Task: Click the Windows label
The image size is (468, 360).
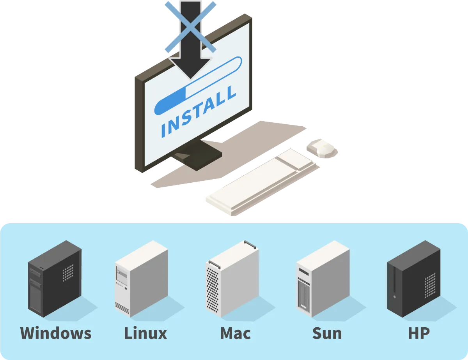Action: pyautogui.click(x=56, y=334)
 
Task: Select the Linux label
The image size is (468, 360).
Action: pyautogui.click(x=145, y=334)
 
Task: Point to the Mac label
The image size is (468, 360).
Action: pyautogui.click(x=235, y=334)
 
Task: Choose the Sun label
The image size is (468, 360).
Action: pyautogui.click(x=327, y=334)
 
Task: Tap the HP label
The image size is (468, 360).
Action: pyautogui.click(x=419, y=334)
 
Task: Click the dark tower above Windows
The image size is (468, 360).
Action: pyautogui.click(x=55, y=278)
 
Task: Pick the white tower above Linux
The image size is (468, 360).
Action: pyautogui.click(x=141, y=278)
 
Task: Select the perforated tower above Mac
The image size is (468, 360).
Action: pyautogui.click(x=232, y=279)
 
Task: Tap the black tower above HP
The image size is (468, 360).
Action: pyautogui.click(x=413, y=279)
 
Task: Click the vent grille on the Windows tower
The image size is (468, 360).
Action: pyautogui.click(x=68, y=272)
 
